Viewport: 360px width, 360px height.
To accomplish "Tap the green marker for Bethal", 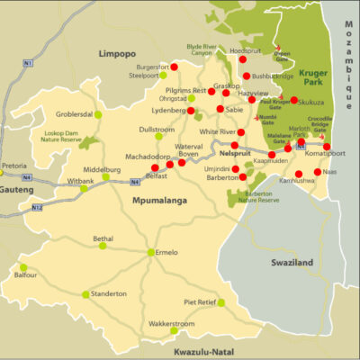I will point(103,246).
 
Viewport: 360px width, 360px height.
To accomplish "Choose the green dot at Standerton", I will point(86,294).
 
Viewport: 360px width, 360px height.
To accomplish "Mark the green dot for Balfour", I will point(23,267).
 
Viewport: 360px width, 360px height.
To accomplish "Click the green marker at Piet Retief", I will point(220,303).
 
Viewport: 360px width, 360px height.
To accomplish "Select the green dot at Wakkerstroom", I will point(174,330).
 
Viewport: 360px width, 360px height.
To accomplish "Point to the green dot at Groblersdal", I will point(98,114).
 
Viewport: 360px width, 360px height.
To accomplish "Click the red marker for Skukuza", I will point(294,101).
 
